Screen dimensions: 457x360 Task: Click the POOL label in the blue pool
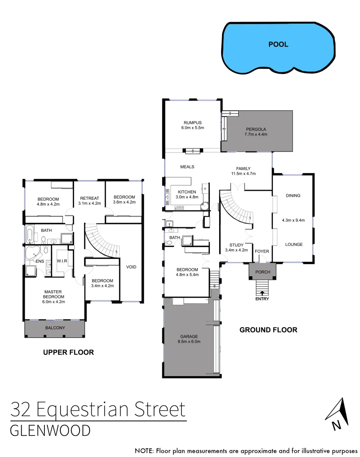pyautogui.click(x=278, y=44)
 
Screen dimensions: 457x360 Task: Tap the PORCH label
pyautogui.click(x=262, y=272)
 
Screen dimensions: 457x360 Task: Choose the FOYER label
pyautogui.click(x=262, y=251)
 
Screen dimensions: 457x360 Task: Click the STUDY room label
pyautogui.click(x=236, y=245)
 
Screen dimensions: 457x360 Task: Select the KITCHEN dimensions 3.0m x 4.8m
pyautogui.click(x=187, y=197)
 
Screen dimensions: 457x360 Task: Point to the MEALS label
pyautogui.click(x=187, y=167)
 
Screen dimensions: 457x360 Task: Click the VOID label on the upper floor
pyautogui.click(x=132, y=267)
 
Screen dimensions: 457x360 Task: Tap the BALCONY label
pyautogui.click(x=55, y=328)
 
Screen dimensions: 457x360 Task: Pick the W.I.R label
pyautogui.click(x=62, y=261)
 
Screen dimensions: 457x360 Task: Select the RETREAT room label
pyautogui.click(x=89, y=198)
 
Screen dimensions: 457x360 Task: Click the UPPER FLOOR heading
pyautogui.click(x=68, y=352)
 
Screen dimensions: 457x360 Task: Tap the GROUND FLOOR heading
pyautogui.click(x=268, y=330)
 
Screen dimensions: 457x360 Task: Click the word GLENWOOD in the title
pyautogui.click(x=50, y=431)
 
